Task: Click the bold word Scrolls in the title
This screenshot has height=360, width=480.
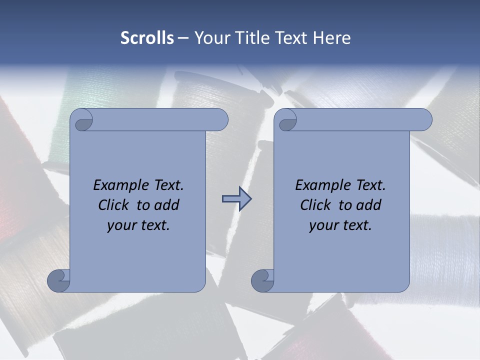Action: tap(147, 38)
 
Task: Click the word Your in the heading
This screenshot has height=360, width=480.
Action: tap(210, 38)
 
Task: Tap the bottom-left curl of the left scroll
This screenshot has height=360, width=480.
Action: tap(59, 280)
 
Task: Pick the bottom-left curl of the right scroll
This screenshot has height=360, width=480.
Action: tap(263, 280)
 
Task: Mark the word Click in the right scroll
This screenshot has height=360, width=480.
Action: tap(315, 205)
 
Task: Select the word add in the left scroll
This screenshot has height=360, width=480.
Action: tap(166, 205)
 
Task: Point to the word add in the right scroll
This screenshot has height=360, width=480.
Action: tap(368, 205)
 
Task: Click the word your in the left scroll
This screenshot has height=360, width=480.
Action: tap(120, 225)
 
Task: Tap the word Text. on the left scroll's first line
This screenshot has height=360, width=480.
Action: tap(167, 185)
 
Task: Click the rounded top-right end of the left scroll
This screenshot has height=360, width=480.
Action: tap(220, 120)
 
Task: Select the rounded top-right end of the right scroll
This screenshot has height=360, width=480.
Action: tap(424, 120)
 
